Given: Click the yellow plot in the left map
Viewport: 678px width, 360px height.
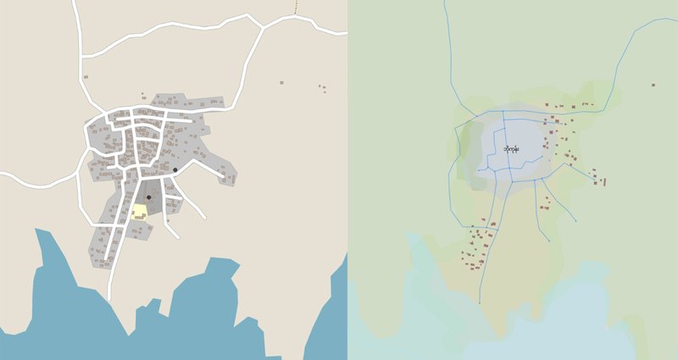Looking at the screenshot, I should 139,212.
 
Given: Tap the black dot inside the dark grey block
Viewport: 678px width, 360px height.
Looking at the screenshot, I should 148,197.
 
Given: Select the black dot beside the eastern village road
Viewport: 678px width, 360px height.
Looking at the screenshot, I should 175,170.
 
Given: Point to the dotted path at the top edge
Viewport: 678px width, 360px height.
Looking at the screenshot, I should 296,7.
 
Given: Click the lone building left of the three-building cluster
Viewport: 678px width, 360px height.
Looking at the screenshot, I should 282,82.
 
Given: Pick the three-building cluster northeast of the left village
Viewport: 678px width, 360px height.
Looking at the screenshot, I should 322,86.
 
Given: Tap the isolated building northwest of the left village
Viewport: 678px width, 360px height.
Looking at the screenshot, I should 86,77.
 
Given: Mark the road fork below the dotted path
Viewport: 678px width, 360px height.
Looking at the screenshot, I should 262,27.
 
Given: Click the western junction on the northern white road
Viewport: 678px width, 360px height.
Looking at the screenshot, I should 82,58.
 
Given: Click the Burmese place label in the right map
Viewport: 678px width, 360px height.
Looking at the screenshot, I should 511,150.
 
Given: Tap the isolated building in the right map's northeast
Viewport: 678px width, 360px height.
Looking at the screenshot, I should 653,85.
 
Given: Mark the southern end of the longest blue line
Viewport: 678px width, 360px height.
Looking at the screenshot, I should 480,302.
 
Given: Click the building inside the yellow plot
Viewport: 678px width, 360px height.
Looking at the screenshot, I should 139,217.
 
